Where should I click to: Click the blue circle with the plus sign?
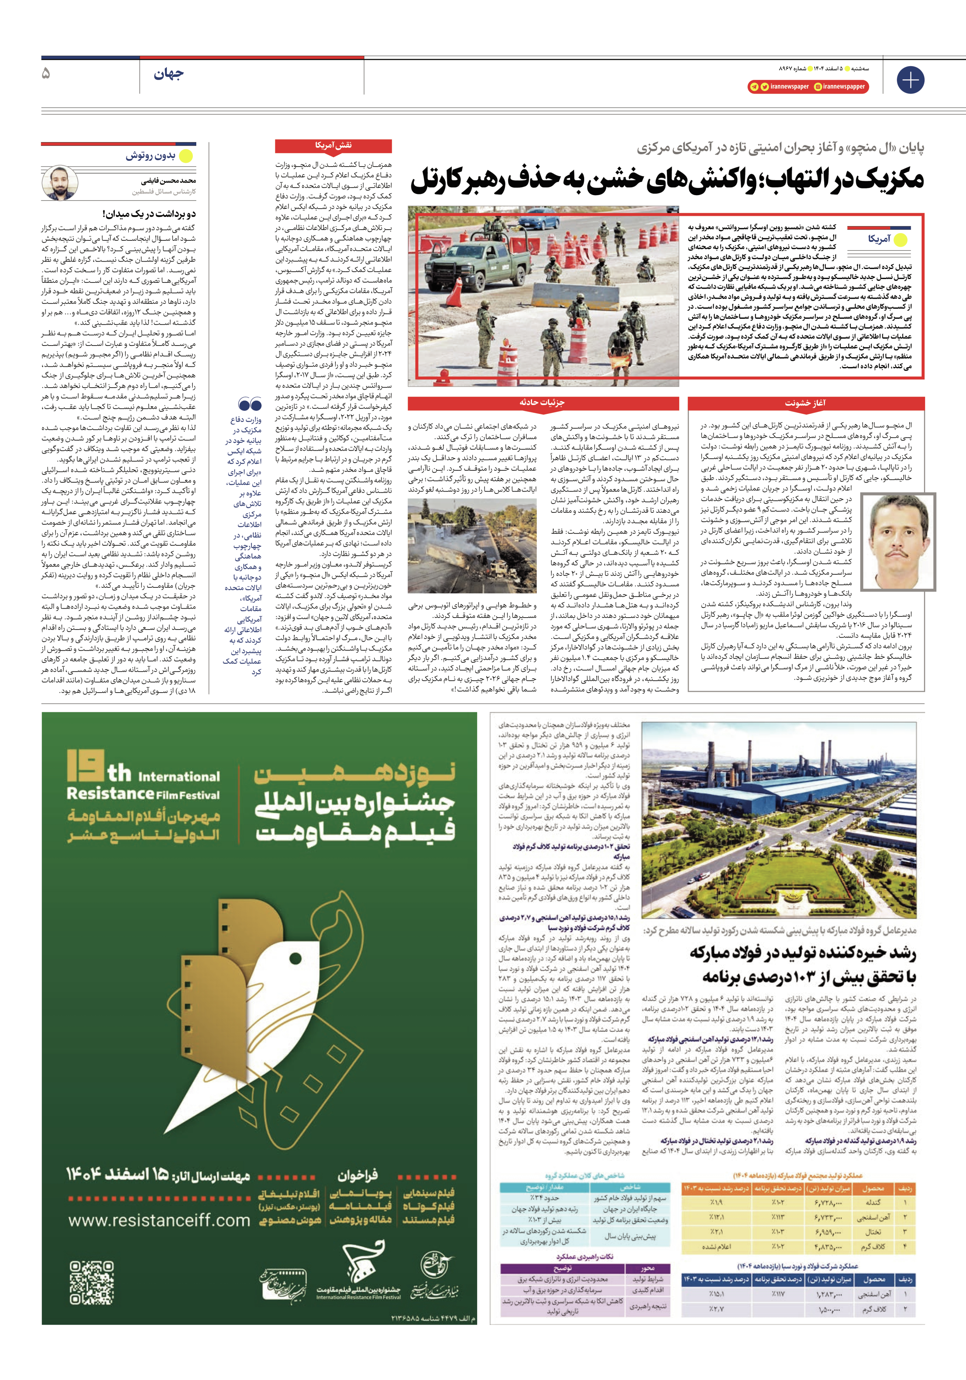[910, 80]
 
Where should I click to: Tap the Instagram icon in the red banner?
[818, 87]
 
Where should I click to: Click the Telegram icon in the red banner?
[754, 87]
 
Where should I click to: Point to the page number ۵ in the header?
[46, 74]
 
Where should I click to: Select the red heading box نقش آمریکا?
[333, 145]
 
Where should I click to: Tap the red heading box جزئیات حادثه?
[542, 403]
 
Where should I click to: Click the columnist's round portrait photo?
[60, 183]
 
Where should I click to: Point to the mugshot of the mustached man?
[898, 541]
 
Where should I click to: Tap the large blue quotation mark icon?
[250, 404]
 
